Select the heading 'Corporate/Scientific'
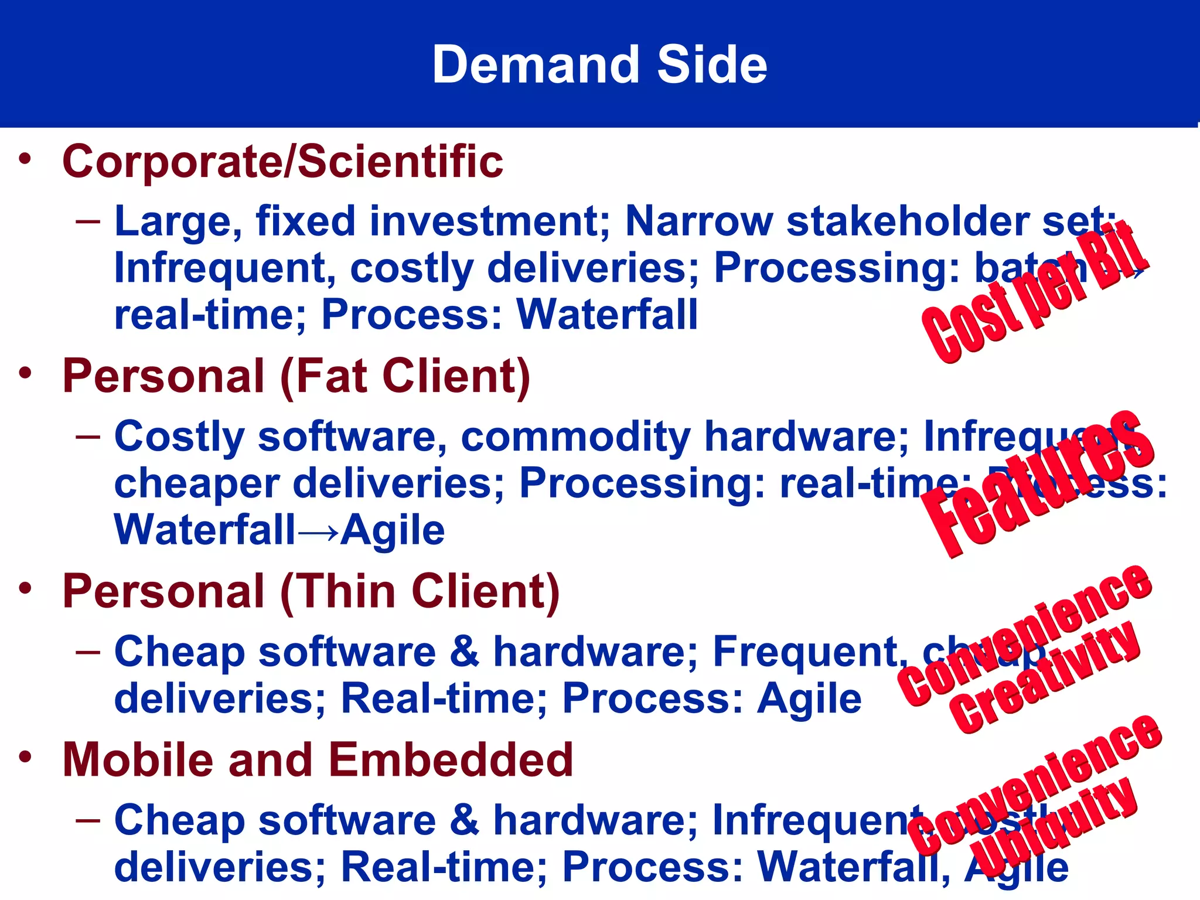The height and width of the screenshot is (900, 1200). point(282,161)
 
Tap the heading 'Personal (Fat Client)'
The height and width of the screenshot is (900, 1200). point(296,376)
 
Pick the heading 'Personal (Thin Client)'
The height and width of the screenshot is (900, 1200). point(311,591)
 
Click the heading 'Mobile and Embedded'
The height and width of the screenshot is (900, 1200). point(318,760)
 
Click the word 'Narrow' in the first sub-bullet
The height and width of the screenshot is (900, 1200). point(698,221)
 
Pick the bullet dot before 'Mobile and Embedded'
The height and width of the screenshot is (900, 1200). point(25,758)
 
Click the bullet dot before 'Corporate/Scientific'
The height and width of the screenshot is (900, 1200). point(25,159)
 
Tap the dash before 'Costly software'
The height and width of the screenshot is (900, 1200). point(88,437)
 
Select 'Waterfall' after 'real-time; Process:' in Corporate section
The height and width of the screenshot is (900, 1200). point(607,315)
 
